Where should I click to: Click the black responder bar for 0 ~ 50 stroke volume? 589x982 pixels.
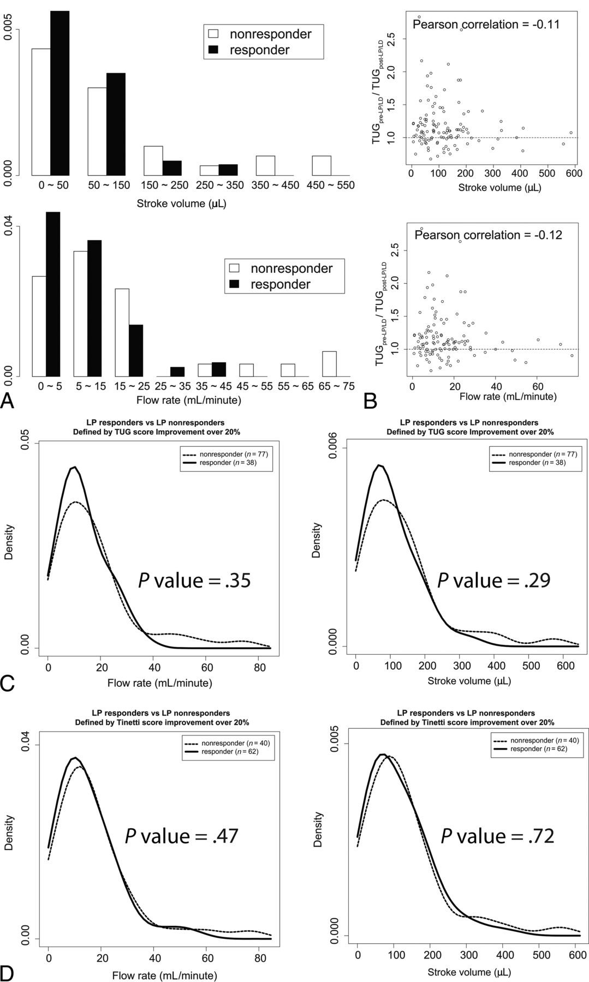click(60, 93)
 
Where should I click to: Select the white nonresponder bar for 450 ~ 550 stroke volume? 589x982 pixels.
click(322, 165)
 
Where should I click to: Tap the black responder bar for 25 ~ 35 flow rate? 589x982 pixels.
click(177, 372)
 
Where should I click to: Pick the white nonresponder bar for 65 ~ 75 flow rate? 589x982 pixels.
click(329, 364)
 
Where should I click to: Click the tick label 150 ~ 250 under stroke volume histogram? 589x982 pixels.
click(163, 185)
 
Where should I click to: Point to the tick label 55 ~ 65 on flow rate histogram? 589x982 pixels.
click(295, 386)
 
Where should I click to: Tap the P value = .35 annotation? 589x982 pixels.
click(194, 580)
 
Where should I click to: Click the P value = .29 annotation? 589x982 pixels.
click(494, 580)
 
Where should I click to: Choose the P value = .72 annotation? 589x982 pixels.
click(497, 836)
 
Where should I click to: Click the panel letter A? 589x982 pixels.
click(8, 402)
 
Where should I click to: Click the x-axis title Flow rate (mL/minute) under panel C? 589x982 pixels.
click(159, 682)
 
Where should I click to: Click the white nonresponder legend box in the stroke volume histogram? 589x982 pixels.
click(213, 34)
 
